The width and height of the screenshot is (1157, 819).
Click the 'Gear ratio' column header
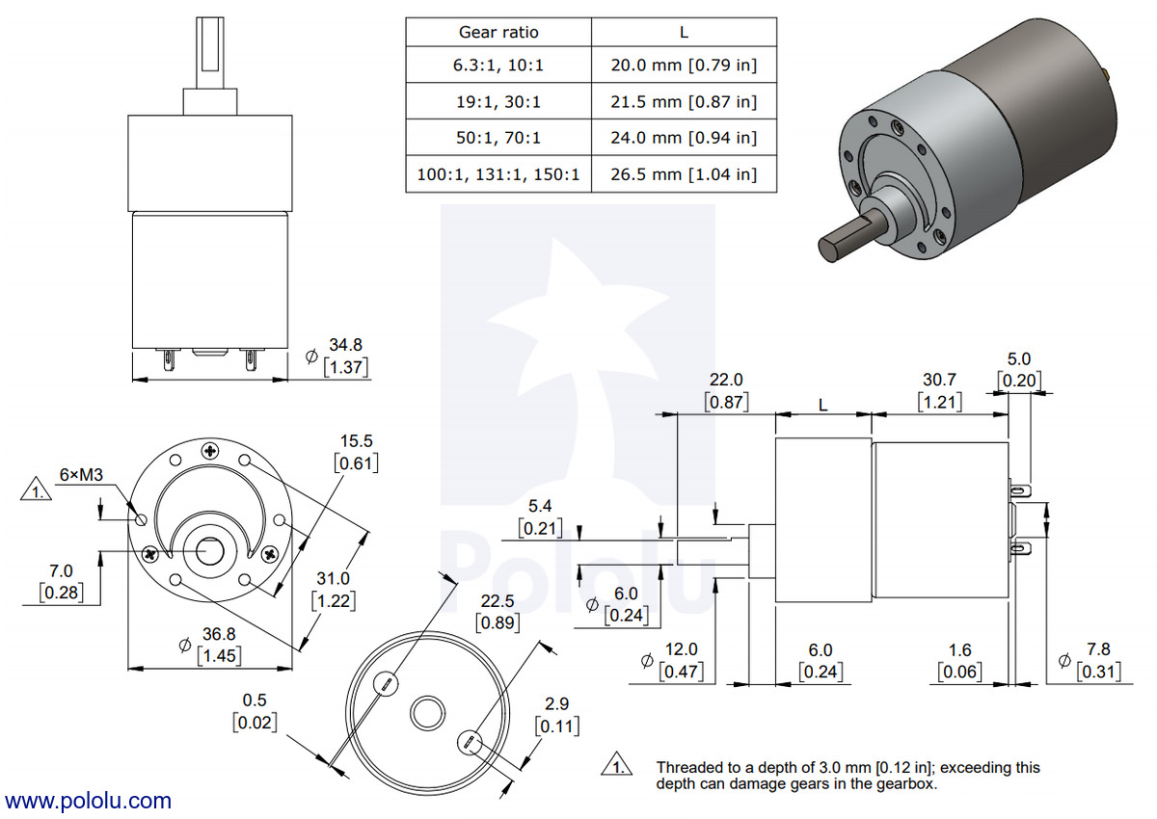point(498,33)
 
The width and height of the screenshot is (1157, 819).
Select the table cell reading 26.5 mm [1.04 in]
point(684,174)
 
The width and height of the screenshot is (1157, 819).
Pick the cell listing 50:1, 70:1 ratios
point(498,138)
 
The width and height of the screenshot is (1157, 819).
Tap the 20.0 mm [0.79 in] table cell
point(684,65)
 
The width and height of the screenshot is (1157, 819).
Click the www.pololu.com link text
point(88,801)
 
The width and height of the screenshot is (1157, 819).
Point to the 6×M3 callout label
point(81,474)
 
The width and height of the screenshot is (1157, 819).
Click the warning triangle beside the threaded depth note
point(617,764)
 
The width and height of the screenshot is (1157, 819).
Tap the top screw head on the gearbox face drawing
point(210,451)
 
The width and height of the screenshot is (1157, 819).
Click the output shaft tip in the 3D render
point(828,251)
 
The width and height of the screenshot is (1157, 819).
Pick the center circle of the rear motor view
point(428,713)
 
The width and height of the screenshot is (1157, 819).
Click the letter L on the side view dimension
point(823,406)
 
